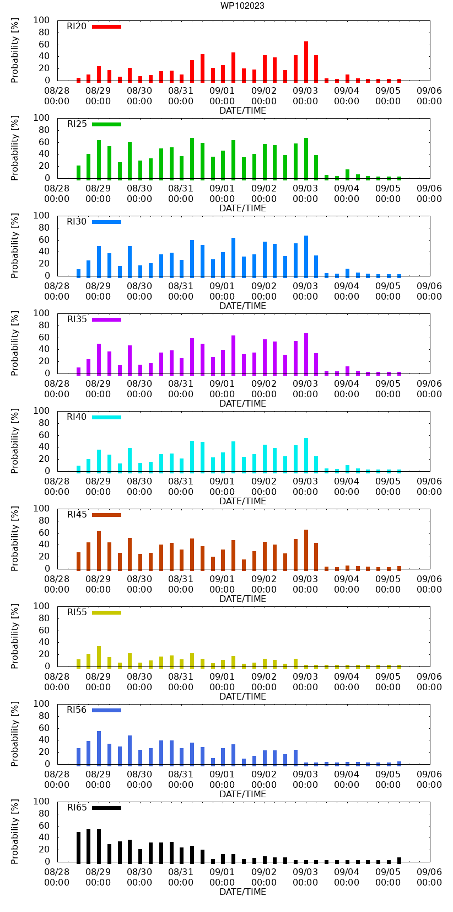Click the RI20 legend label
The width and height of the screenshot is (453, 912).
tap(77, 26)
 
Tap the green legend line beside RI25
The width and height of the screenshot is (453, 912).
tap(106, 124)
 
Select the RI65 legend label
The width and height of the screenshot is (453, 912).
tap(77, 808)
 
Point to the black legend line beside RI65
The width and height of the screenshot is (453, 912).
tap(106, 808)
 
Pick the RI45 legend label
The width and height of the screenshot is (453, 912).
tap(77, 515)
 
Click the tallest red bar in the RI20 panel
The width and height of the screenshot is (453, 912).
tap(306, 61)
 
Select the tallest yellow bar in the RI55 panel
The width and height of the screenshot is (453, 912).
tap(99, 657)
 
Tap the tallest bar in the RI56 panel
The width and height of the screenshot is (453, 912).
tap(99, 748)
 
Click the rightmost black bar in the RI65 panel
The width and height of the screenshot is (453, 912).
tap(399, 860)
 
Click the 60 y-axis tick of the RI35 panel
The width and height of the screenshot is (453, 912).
tap(44, 337)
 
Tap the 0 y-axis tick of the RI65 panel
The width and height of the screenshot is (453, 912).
tap(47, 862)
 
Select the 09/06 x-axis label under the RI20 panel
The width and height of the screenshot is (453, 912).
tap(429, 95)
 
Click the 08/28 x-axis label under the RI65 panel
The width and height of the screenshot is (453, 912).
tap(57, 877)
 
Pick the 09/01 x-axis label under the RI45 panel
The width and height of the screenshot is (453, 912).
tap(222, 584)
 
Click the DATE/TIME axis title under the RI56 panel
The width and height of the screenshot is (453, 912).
tap(242, 794)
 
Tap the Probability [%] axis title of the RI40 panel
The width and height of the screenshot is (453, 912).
tap(15, 441)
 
